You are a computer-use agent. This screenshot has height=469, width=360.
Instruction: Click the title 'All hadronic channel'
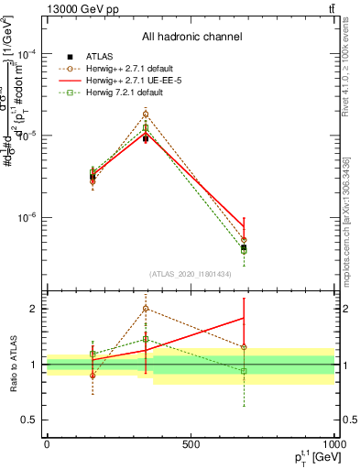point(191,38)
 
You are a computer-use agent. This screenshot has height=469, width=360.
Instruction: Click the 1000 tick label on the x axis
point(333,445)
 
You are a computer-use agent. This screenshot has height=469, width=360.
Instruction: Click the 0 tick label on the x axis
point(47,445)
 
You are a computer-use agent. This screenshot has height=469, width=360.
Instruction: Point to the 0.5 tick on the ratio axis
point(30,420)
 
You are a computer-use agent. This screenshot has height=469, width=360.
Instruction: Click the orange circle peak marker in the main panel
point(146,115)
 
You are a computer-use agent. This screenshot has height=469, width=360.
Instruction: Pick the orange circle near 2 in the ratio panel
point(146,309)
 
